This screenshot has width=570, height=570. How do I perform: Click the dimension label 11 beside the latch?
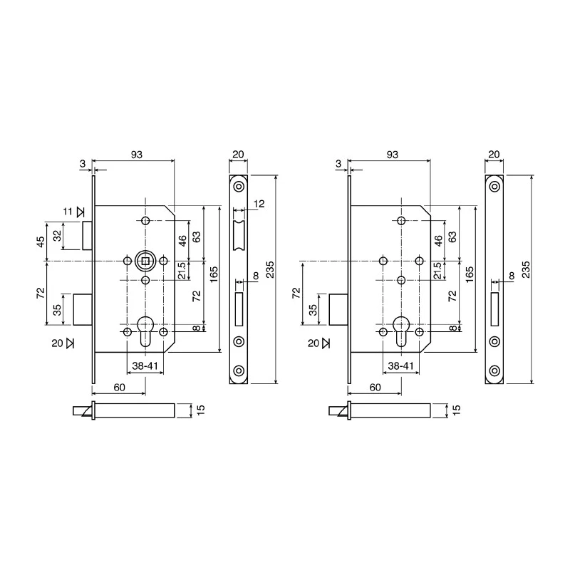pyautogui.click(x=68, y=211)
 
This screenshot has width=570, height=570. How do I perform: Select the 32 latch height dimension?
pyautogui.click(x=57, y=236)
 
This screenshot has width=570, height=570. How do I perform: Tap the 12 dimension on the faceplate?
pyautogui.click(x=259, y=204)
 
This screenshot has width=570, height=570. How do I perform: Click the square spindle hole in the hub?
pyautogui.click(x=146, y=261)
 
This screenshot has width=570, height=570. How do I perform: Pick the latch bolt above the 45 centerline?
pyautogui.click(x=87, y=236)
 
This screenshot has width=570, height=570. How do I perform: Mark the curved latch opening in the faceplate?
pyautogui.click(x=239, y=236)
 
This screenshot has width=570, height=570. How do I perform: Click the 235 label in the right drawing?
pyautogui.click(x=526, y=269)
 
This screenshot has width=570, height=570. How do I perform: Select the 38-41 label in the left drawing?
pyautogui.click(x=145, y=366)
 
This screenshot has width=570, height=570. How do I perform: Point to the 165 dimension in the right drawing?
pyautogui.click(x=470, y=274)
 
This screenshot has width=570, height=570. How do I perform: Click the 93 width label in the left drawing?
pyautogui.click(x=137, y=155)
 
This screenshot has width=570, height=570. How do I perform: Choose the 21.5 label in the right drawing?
pyautogui.click(x=438, y=271)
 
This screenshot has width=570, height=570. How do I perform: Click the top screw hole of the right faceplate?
pyautogui.click(x=494, y=187)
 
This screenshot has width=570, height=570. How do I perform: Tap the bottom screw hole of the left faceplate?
pyautogui.click(x=239, y=370)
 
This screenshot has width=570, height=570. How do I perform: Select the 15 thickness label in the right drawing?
pyautogui.click(x=457, y=410)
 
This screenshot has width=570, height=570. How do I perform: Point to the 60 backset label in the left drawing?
pyautogui.click(x=119, y=388)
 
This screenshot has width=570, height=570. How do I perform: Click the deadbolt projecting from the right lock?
pyautogui.click(x=338, y=309)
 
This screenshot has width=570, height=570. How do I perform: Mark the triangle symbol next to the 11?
pyautogui.click(x=81, y=212)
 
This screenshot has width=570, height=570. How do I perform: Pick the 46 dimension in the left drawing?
pyautogui.click(x=182, y=240)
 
